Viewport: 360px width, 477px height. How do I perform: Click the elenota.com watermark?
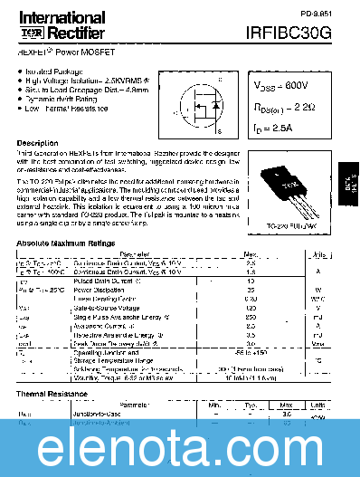click(180, 447)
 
